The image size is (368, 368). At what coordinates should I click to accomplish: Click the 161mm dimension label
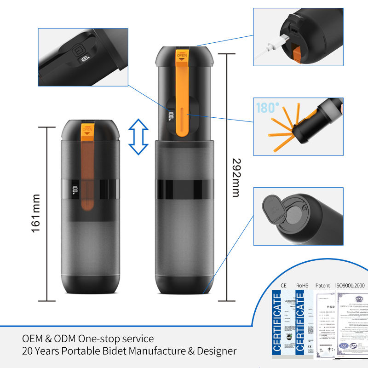click(36, 213)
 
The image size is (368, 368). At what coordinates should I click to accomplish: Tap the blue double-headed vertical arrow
click(138, 136)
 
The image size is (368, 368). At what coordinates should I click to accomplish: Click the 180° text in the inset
click(268, 109)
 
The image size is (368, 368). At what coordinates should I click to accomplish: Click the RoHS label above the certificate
click(302, 286)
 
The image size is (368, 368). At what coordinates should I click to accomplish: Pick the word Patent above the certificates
click(323, 286)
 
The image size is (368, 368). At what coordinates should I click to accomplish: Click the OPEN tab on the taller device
click(183, 56)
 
